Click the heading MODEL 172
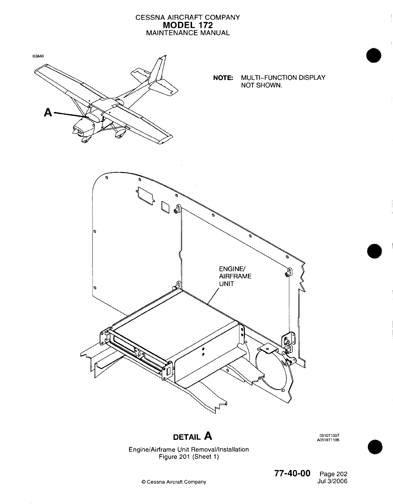pyautogui.click(x=188, y=25)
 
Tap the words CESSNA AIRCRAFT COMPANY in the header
pyautogui.click(x=188, y=18)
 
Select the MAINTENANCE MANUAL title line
pyautogui.click(x=188, y=33)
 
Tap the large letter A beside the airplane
pyautogui.click(x=48, y=112)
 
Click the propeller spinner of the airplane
pyautogui.click(x=75, y=131)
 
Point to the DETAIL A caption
pyautogui.click(x=192, y=436)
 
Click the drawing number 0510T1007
pyautogui.click(x=329, y=435)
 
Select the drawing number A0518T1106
pyautogui.click(x=328, y=440)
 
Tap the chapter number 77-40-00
pyautogui.click(x=292, y=473)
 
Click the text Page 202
pyautogui.click(x=333, y=474)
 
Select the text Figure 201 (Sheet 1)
pyautogui.click(x=189, y=457)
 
